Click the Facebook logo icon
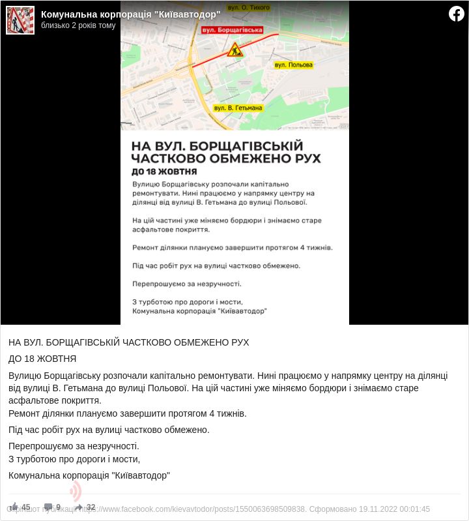pos(456,14)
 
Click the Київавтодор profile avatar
pos(20,20)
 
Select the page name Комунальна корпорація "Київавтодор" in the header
pos(130,14)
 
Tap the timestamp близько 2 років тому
pos(78,25)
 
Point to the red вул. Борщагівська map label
pos(233,30)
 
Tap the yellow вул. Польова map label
pos(293,65)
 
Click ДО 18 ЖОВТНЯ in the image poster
pos(164,171)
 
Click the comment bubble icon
pos(48,507)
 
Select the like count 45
pos(26,507)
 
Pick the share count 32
pos(91,507)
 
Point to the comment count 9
pos(58,507)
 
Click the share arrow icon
pos(79,507)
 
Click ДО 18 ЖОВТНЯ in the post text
pos(42,359)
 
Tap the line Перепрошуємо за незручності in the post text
pos(74,446)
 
